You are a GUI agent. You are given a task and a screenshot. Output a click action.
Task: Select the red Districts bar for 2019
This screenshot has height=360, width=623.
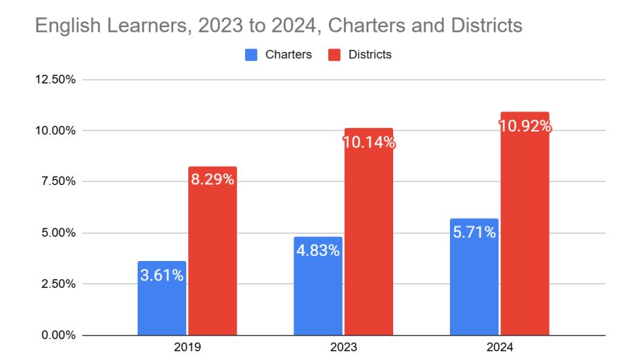pos(213,263)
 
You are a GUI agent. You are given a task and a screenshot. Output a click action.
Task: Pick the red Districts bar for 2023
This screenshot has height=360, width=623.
pos(368,242)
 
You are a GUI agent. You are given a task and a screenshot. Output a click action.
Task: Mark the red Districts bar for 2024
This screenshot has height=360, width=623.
pos(525,235)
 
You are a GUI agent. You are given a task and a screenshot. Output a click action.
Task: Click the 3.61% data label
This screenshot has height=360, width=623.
pos(162,275)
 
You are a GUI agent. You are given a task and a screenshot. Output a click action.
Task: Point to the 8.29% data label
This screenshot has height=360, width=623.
pos(213,180)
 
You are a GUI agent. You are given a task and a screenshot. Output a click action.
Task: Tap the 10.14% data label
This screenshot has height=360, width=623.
pos(368,143)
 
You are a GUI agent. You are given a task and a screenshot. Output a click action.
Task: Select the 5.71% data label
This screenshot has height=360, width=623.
pos(473,232)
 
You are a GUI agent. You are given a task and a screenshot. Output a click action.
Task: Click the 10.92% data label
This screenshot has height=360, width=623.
pos(525,126)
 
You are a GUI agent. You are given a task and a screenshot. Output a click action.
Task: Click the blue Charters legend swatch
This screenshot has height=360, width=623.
pos(251,54)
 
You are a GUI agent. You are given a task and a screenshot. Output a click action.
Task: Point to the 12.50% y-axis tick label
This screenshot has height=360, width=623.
pos(55,79)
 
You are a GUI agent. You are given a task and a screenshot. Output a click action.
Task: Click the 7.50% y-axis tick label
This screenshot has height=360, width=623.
pos(57,181)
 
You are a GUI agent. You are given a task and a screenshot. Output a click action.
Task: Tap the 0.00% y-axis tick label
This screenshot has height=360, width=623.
pos(57,335)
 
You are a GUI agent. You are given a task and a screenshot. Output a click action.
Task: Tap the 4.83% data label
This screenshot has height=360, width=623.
pos(318,251)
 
